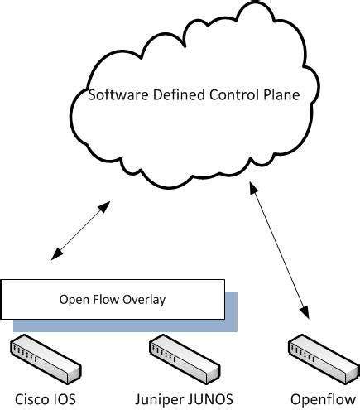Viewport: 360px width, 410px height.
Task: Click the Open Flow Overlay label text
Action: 113,299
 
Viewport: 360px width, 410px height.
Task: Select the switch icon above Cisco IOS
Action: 46,356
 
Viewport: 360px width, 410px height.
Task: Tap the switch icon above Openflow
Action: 321,356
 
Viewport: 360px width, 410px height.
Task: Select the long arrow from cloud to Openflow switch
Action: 280,252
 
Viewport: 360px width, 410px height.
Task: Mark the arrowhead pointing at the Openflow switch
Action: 305,314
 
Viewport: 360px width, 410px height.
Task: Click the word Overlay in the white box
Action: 145,299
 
